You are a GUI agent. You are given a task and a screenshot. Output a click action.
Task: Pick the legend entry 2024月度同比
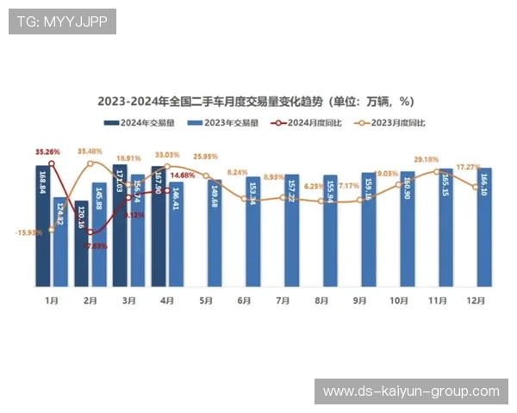[x=309, y=123]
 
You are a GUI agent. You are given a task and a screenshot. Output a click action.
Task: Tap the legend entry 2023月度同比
[x=392, y=123]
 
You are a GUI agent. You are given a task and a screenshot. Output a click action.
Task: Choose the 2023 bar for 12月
[x=484, y=227]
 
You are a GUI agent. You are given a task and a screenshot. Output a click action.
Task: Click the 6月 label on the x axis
[x=245, y=301]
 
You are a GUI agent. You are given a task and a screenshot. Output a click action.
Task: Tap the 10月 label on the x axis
[x=399, y=301]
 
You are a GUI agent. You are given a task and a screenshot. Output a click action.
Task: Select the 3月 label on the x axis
[x=129, y=301]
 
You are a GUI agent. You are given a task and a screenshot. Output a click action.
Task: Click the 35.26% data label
[x=47, y=152]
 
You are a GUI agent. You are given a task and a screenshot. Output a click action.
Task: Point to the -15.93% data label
[x=28, y=232]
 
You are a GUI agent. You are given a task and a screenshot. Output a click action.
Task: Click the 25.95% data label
[x=206, y=157]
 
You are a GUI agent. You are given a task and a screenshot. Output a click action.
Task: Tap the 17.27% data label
[x=468, y=167]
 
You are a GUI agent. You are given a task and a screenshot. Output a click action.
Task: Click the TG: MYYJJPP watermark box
[x=62, y=22]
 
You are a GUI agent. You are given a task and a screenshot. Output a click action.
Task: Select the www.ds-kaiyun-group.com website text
[x=410, y=391]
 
